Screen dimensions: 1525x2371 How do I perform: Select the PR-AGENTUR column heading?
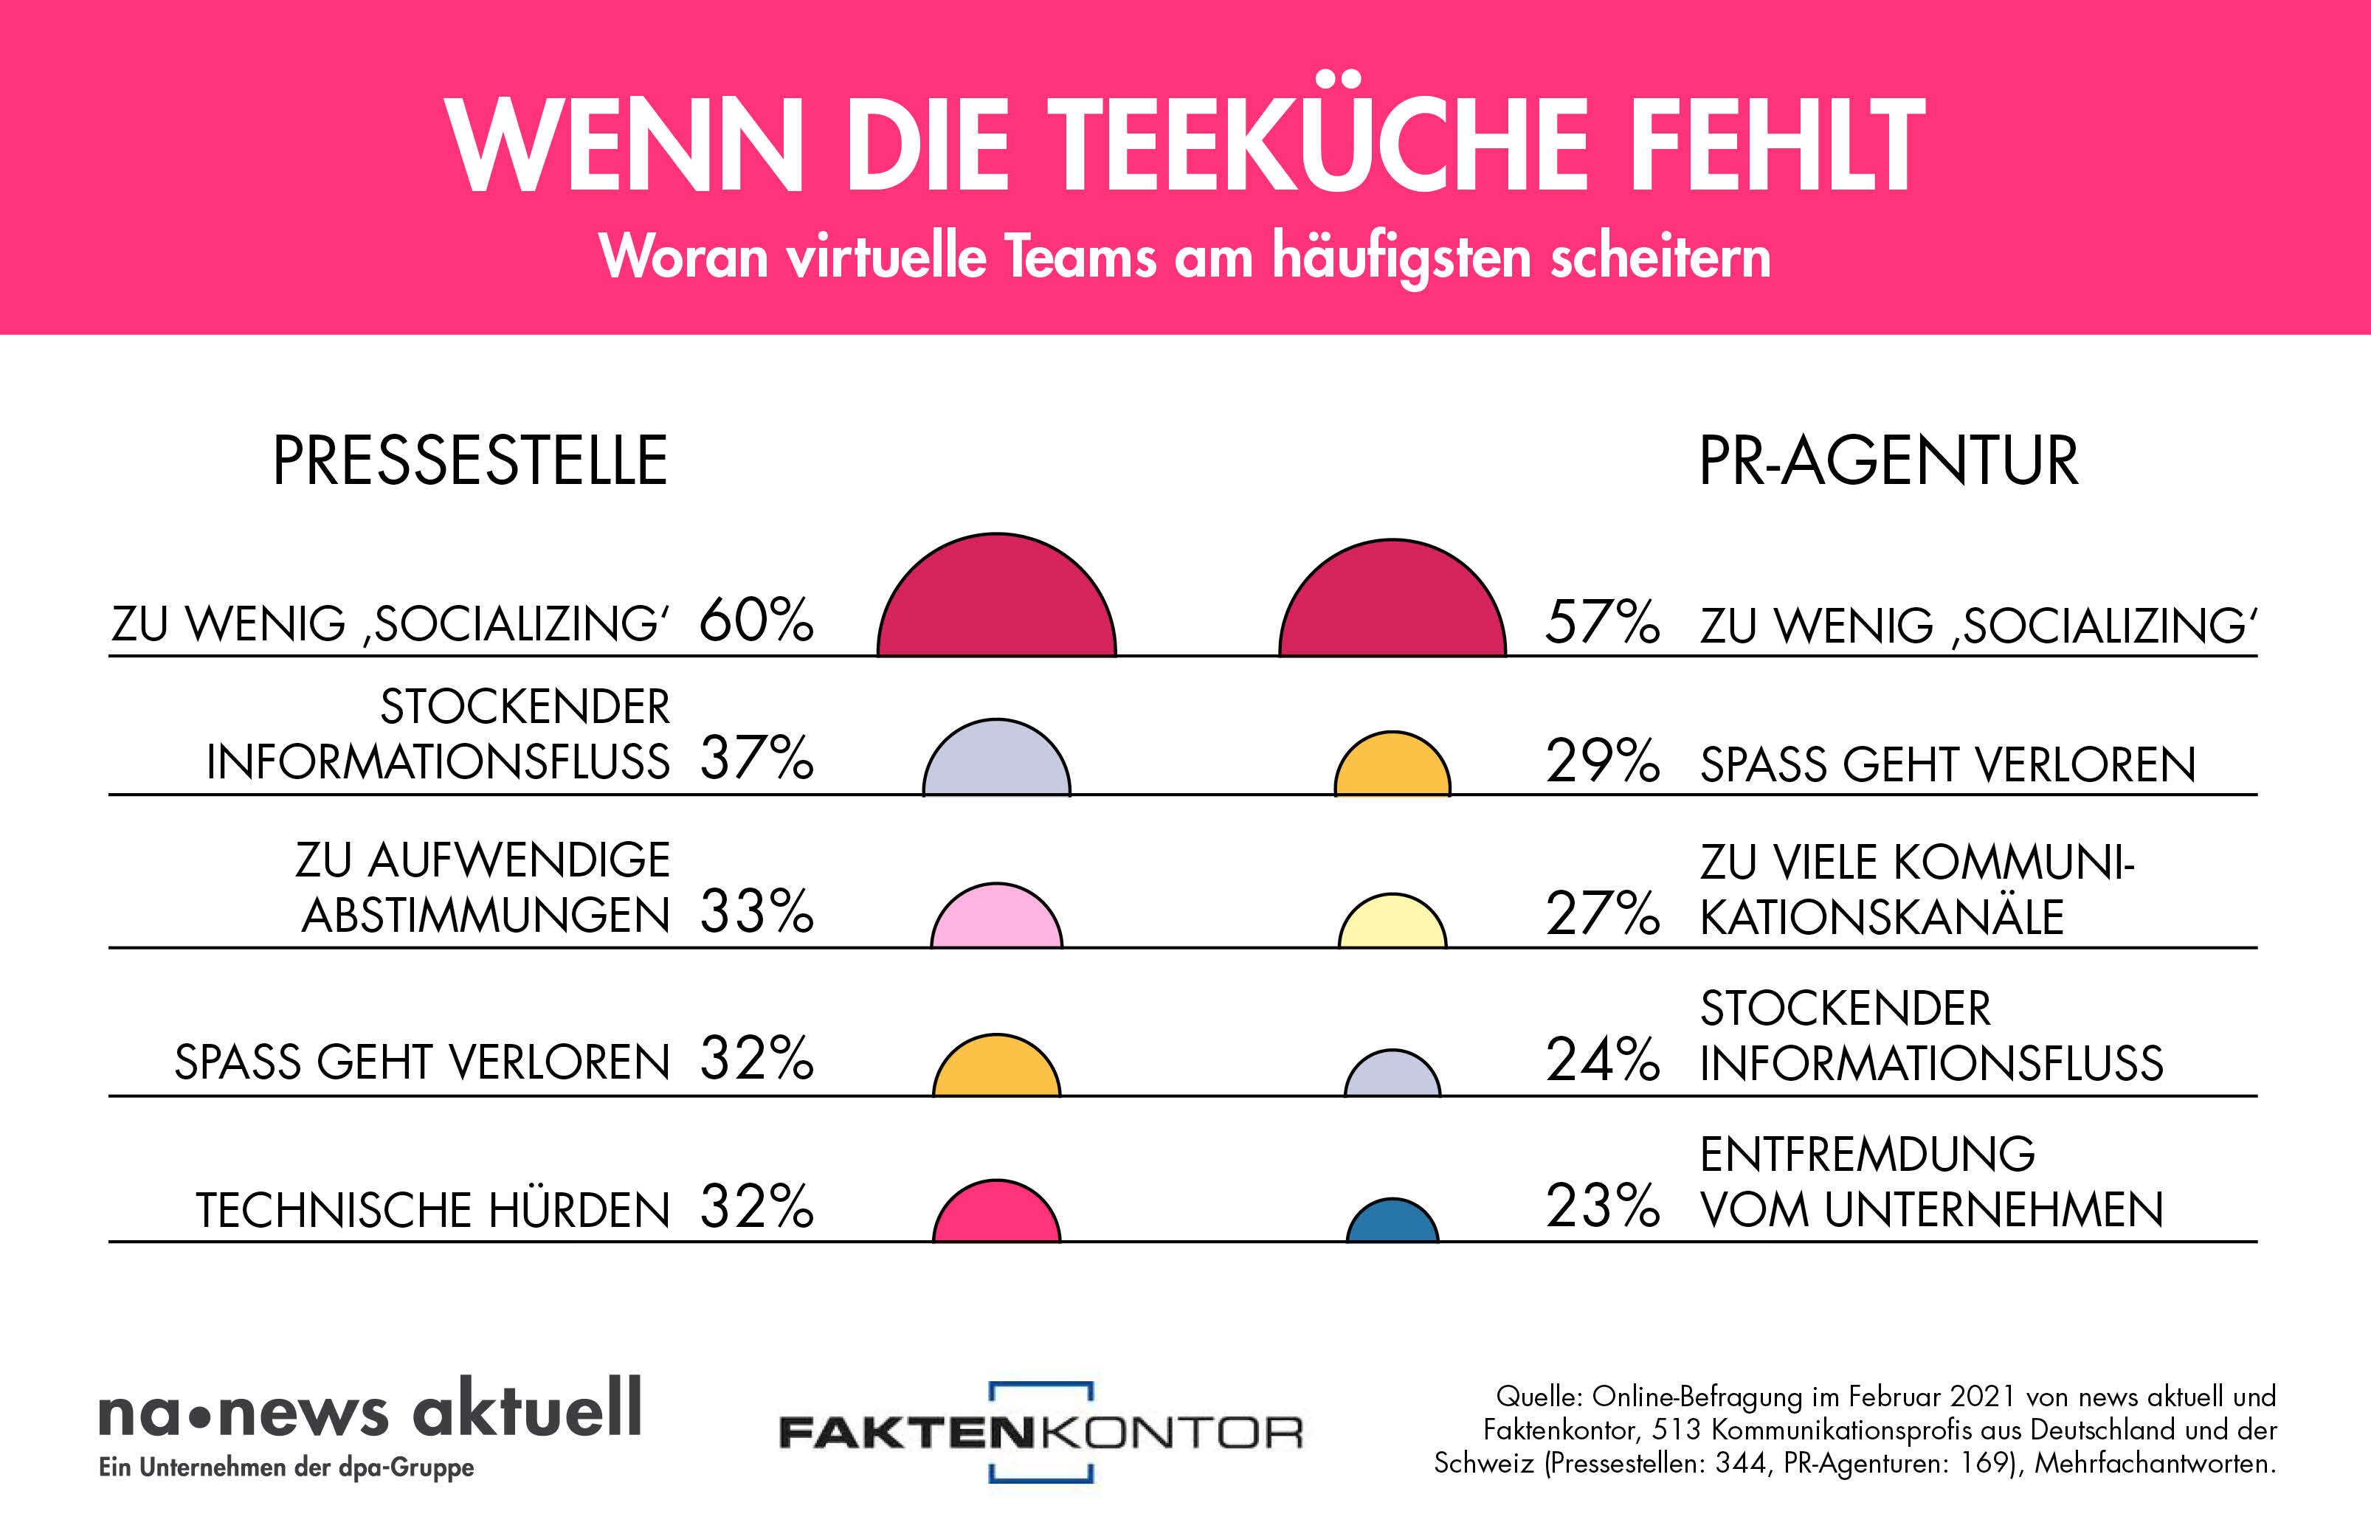point(1888,461)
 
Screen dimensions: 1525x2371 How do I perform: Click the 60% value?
point(756,621)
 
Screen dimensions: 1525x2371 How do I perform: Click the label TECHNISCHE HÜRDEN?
point(432,1210)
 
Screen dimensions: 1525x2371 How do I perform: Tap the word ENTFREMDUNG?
point(1867,1155)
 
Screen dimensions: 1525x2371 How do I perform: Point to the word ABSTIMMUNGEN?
point(486,915)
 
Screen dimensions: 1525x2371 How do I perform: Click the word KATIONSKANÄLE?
point(1882,917)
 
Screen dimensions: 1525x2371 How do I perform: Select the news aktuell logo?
point(370,1424)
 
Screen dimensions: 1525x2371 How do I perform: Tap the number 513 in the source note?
point(1677,1430)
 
